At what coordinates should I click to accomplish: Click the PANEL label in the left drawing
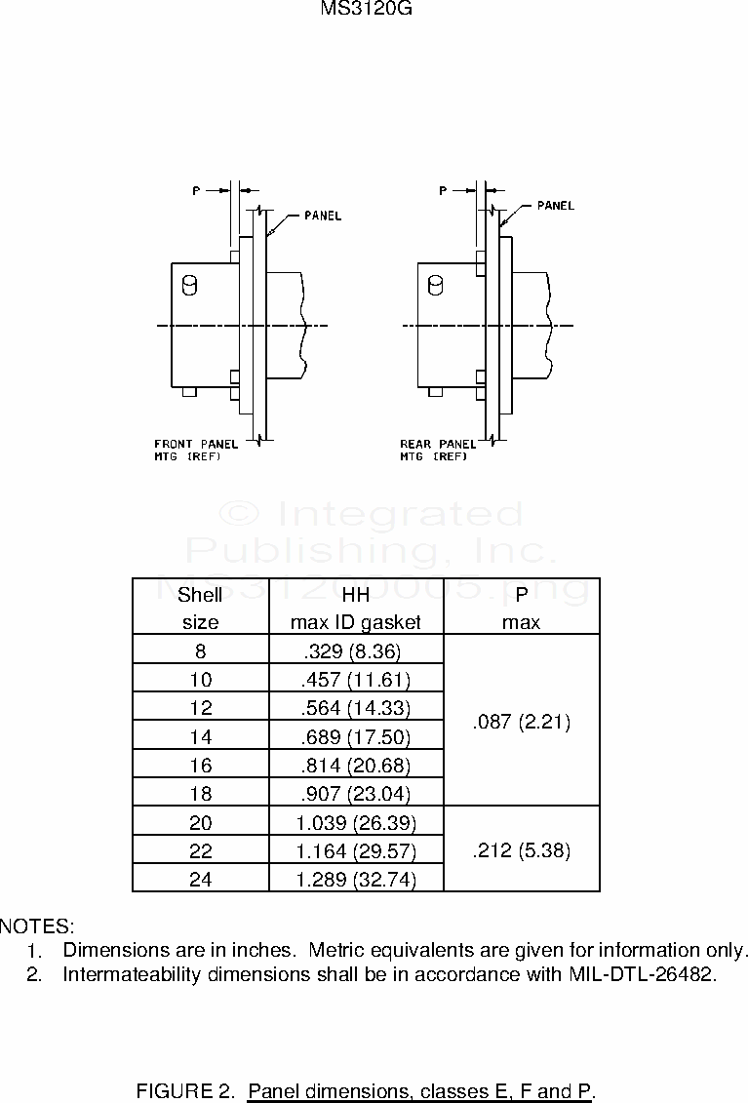point(323,216)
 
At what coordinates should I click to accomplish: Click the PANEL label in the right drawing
point(556,206)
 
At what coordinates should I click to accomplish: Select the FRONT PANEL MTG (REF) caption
point(196,450)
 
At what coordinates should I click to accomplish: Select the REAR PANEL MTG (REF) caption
point(438,450)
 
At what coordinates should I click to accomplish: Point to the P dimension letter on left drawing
point(196,191)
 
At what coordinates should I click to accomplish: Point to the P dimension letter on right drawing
point(443,191)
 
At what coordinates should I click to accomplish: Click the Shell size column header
point(200,608)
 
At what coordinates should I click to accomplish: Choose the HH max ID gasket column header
point(356,608)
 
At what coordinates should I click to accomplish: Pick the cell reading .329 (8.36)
point(356,650)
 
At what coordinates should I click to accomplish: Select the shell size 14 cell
point(200,736)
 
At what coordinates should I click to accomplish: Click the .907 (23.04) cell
point(356,793)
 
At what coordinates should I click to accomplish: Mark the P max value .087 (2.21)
point(521,722)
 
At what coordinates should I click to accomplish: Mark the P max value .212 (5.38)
point(521,849)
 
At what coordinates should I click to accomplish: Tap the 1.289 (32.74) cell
point(356,880)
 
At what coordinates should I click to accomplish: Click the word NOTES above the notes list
point(37,925)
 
